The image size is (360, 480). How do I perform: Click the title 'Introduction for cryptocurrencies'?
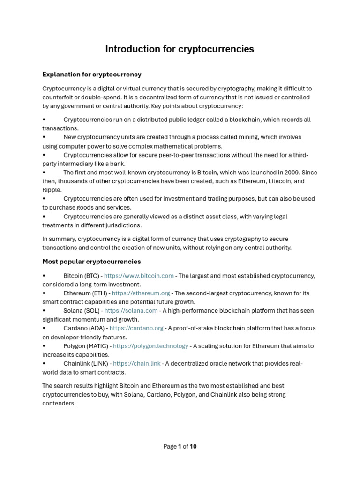180,49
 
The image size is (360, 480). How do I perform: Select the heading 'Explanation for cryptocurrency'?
92,75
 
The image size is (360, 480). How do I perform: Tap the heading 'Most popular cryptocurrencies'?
91,262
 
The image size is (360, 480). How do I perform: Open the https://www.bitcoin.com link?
139,276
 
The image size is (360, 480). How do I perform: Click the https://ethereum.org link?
141,293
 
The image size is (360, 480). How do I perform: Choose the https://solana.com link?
131,311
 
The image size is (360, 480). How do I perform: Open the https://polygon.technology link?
150,346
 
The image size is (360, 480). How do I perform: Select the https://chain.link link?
137,364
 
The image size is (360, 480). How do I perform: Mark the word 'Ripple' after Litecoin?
52,190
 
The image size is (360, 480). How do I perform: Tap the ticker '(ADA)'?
94,329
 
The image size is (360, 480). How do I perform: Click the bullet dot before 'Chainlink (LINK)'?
44,364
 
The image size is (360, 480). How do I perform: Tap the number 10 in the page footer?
193,447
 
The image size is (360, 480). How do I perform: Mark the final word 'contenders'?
58,403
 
